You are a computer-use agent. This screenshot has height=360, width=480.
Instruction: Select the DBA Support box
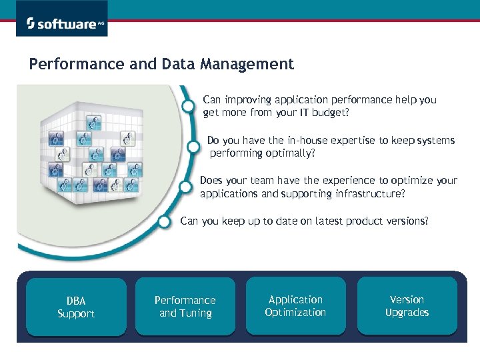click(x=76, y=307)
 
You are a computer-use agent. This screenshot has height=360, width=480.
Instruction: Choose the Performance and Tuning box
click(x=185, y=307)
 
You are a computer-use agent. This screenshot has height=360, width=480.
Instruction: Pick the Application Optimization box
click(x=295, y=306)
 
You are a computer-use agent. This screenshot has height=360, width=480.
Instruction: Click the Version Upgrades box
click(x=407, y=306)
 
